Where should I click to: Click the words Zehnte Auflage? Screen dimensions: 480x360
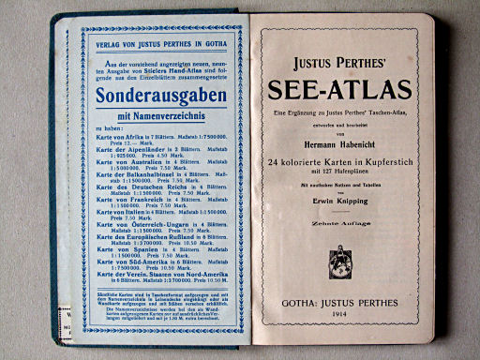coord(340,228)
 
